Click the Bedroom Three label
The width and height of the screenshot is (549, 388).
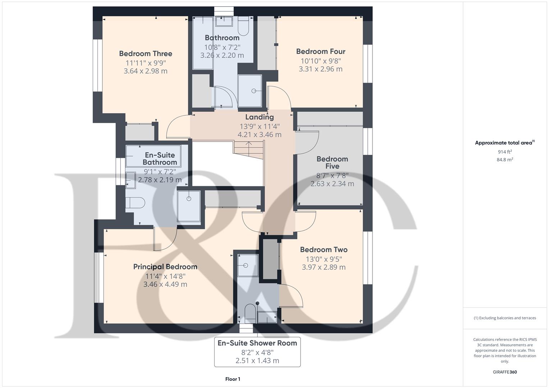[146, 54]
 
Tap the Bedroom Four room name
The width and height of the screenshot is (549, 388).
[321, 51]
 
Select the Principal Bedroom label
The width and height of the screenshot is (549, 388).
[165, 267]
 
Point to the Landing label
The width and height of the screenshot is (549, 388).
[259, 117]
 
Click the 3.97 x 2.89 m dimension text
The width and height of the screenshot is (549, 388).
[324, 267]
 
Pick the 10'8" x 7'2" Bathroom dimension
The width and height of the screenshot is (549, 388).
[222, 47]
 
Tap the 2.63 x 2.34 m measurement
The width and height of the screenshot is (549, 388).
[332, 184]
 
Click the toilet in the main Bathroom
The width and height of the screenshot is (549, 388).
[243, 27]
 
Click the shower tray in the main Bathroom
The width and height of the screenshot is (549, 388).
[250, 91]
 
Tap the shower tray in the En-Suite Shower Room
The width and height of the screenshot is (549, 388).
[248, 265]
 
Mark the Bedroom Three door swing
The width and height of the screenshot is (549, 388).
[178, 127]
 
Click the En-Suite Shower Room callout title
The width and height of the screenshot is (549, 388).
[257, 343]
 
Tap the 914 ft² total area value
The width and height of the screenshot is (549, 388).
[505, 152]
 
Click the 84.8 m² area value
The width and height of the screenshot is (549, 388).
[505, 160]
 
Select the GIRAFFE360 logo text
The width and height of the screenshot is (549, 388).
[505, 372]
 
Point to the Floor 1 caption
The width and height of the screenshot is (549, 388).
[233, 379]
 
